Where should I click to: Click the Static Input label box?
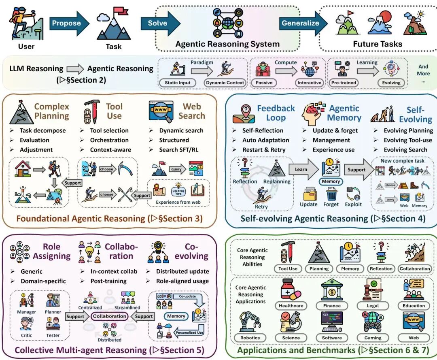pos(177,83)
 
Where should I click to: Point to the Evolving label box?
pos(391,83)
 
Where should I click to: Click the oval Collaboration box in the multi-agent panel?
pos(109,316)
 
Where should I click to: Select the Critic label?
pos(27,335)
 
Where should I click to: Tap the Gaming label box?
pos(373,338)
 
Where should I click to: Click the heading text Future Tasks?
pos(377,44)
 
